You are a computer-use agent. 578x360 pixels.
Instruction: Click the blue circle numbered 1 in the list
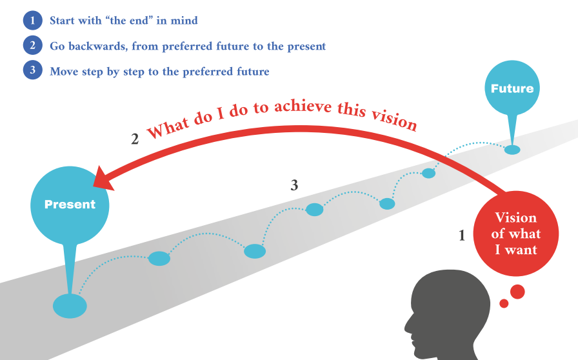pyautogui.click(x=32, y=21)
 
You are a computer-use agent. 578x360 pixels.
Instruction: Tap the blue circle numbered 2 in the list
pyautogui.click(x=32, y=46)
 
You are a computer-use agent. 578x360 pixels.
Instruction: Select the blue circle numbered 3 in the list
pyautogui.click(x=32, y=72)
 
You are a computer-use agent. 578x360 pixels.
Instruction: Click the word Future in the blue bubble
pyautogui.click(x=513, y=88)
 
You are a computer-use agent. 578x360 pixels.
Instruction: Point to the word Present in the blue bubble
pyautogui.click(x=70, y=205)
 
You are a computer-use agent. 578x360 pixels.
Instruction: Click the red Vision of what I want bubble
pyautogui.click(x=516, y=233)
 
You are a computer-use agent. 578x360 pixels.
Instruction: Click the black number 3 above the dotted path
pyautogui.click(x=294, y=186)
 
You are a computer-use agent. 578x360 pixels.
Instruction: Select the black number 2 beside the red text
pyautogui.click(x=135, y=139)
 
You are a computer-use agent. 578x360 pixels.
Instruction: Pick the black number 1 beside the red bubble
pyautogui.click(x=461, y=236)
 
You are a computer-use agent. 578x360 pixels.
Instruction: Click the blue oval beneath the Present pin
pyautogui.click(x=69, y=305)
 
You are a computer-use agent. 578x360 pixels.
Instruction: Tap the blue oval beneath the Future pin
pyautogui.click(x=512, y=150)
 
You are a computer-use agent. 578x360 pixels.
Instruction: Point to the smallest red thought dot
pyautogui.click(x=504, y=303)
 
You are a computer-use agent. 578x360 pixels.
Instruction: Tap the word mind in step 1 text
pyautogui.click(x=184, y=21)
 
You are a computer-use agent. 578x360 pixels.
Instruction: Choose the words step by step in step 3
pyautogui.click(x=108, y=72)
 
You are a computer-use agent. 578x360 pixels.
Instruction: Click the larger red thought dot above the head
pyautogui.click(x=517, y=292)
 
